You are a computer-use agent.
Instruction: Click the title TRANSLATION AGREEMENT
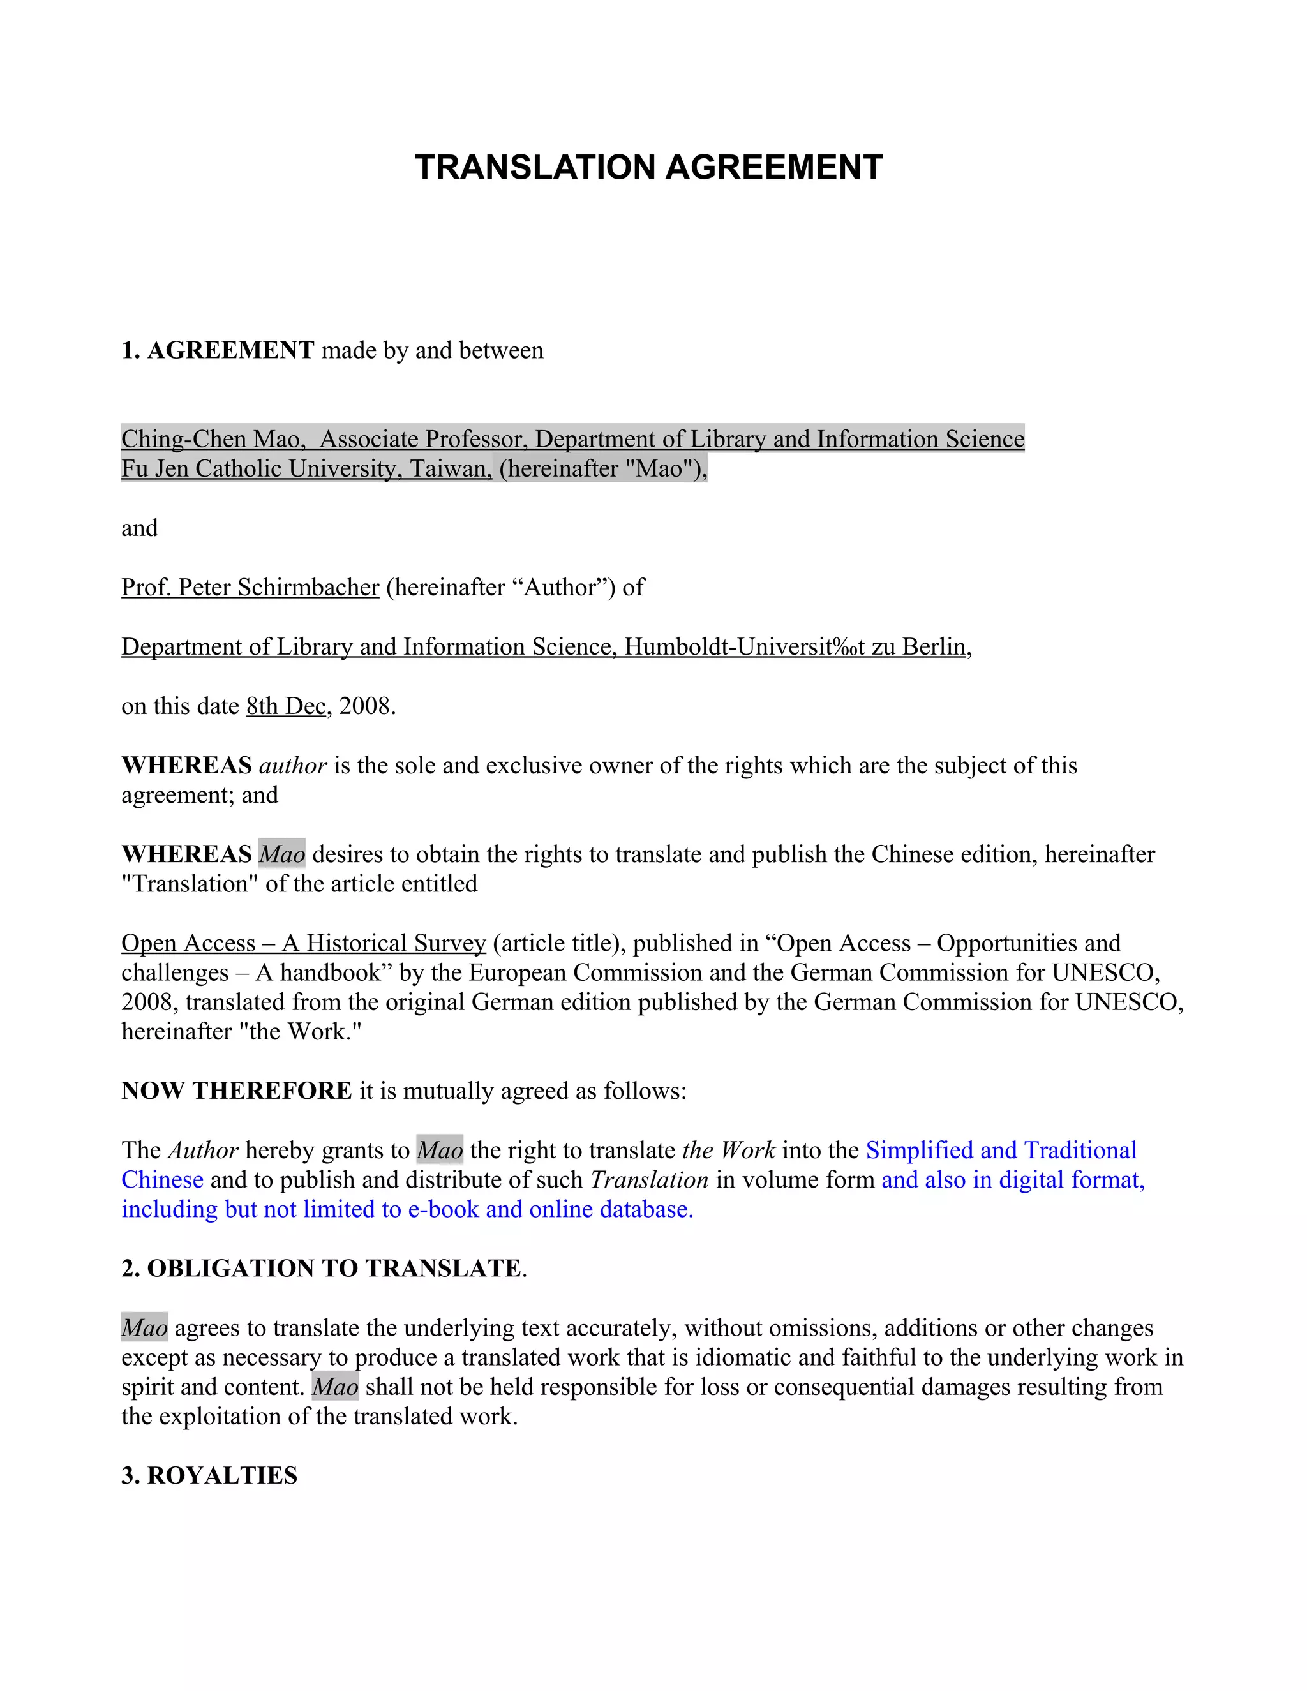(x=648, y=167)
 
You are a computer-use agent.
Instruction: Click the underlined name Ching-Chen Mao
(x=211, y=439)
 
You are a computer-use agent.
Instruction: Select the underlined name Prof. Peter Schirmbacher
(x=250, y=587)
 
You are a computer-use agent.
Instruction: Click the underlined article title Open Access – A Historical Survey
(x=304, y=942)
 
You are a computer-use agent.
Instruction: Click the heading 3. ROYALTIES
(x=210, y=1475)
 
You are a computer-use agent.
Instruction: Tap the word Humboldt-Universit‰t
(x=745, y=646)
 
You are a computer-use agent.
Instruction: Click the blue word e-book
(x=443, y=1209)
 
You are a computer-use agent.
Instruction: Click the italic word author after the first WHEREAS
(x=293, y=765)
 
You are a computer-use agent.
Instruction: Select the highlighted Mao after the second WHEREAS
(x=282, y=854)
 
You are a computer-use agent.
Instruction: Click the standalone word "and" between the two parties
(x=139, y=528)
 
